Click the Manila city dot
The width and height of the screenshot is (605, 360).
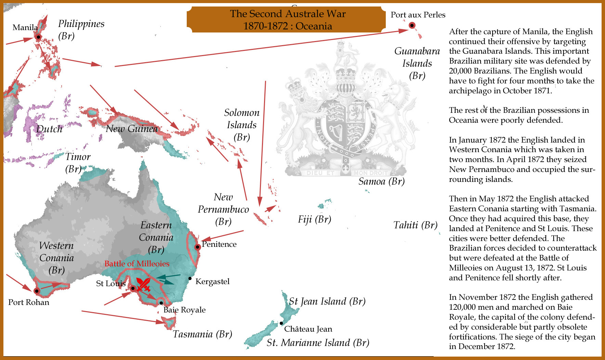(39, 37)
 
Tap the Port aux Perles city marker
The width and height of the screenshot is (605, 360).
(412, 25)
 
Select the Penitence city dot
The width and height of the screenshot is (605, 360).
(197, 247)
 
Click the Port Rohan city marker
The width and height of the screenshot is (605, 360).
(37, 291)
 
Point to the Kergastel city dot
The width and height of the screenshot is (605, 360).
(190, 278)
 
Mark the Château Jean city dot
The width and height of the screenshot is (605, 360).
(281, 323)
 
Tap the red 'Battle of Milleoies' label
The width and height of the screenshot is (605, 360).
(137, 264)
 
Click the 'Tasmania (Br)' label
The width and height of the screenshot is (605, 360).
(202, 334)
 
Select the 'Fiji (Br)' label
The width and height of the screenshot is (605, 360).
(314, 219)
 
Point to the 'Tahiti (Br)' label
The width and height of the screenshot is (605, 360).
(415, 225)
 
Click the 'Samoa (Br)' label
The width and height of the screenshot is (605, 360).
(381, 181)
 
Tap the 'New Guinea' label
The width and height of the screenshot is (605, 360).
(132, 129)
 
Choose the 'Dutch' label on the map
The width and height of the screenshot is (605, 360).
(50, 129)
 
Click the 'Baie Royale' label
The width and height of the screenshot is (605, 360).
(184, 310)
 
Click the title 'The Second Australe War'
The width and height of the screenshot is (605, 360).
(288, 14)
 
